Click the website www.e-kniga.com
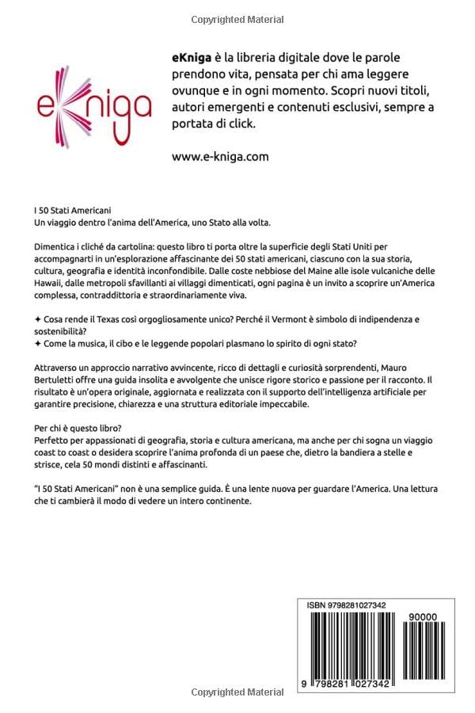(x=219, y=156)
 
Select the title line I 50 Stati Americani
(x=68, y=212)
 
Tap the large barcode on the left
(x=346, y=646)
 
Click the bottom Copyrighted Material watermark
(x=237, y=692)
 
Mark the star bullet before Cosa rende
(x=38, y=318)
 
